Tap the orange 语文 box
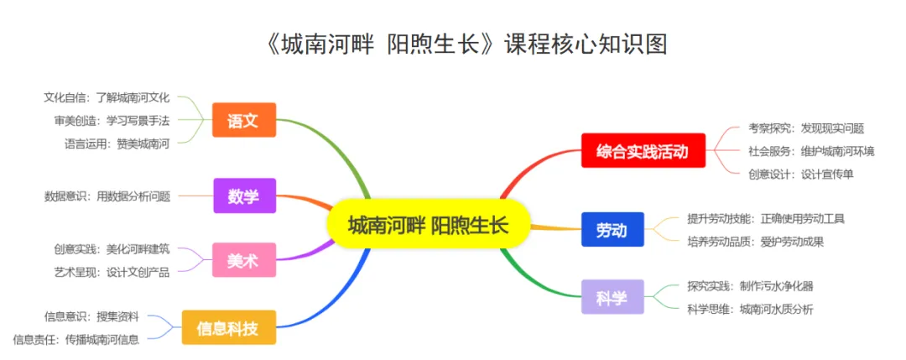[244, 121]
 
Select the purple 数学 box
[244, 196]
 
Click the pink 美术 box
[244, 260]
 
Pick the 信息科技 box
[228, 327]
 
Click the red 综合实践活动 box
[643, 152]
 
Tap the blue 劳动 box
[612, 229]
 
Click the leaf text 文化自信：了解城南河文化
[107, 97]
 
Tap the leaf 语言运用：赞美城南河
[117, 143]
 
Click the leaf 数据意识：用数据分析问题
[107, 196]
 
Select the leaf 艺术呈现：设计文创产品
[112, 271]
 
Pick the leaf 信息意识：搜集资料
[91, 316]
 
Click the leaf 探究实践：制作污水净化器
[750, 285]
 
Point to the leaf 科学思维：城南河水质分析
[750, 309]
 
